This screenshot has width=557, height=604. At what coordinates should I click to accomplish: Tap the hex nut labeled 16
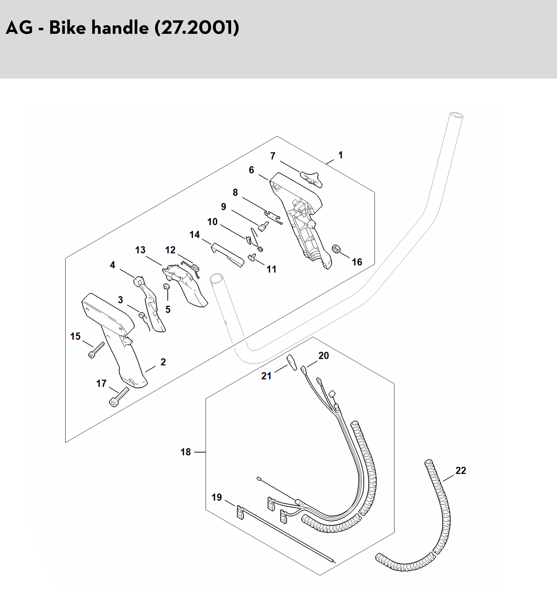click(x=336, y=249)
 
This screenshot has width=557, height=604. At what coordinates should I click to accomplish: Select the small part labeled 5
click(x=166, y=286)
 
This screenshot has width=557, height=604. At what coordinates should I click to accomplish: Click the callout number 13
click(x=140, y=250)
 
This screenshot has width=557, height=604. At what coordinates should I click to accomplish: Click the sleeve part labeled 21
click(x=292, y=363)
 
